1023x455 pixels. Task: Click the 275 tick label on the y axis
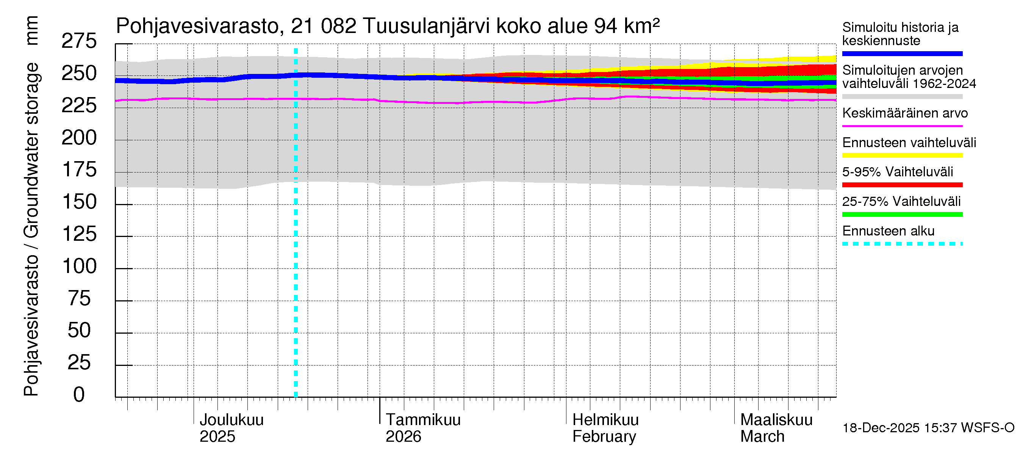click(x=79, y=41)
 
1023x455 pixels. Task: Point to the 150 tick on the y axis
click(x=80, y=202)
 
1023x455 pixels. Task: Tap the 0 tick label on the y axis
click(x=79, y=395)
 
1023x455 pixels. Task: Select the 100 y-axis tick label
click(x=80, y=266)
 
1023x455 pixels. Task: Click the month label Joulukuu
click(x=231, y=420)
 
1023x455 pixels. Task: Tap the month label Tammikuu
click(x=423, y=420)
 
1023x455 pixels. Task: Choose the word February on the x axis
click(x=604, y=437)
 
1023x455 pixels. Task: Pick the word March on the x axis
click(x=762, y=437)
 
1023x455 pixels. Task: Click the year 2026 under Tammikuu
click(x=403, y=437)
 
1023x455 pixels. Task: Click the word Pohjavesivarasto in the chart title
click(x=197, y=26)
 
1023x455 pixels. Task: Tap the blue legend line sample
click(x=902, y=53)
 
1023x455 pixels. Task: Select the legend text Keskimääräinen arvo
click(x=905, y=113)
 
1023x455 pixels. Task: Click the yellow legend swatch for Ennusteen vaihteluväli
click(x=902, y=155)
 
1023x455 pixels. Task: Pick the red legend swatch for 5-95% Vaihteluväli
click(x=902, y=185)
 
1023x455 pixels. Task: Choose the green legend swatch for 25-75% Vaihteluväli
click(x=902, y=215)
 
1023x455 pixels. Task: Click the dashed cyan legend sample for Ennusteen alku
click(x=902, y=244)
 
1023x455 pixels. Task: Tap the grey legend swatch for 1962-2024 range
click(x=902, y=97)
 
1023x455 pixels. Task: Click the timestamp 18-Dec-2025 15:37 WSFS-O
click(x=928, y=428)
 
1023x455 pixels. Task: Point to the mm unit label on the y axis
click(x=32, y=31)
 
